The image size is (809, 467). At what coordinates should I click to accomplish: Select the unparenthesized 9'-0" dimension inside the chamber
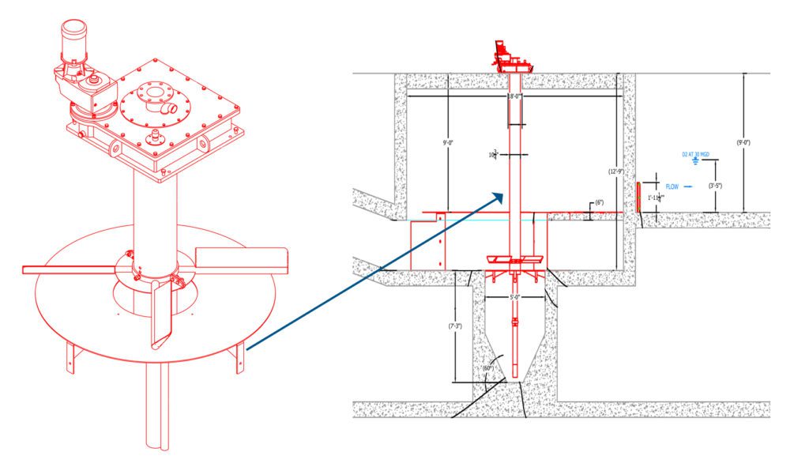(x=448, y=143)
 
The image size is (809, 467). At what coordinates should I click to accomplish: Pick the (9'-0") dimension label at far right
(x=743, y=143)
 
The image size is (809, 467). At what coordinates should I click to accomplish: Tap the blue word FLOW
(x=672, y=186)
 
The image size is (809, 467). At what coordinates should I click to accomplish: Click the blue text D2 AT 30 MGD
(x=695, y=154)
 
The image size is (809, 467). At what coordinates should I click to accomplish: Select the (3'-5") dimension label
(x=716, y=186)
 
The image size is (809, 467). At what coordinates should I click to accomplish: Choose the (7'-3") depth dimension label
(x=455, y=325)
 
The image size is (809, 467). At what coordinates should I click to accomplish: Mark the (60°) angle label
(x=487, y=367)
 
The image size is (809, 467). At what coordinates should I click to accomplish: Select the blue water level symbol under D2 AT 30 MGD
(x=695, y=163)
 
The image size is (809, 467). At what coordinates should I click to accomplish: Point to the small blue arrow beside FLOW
(x=689, y=186)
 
